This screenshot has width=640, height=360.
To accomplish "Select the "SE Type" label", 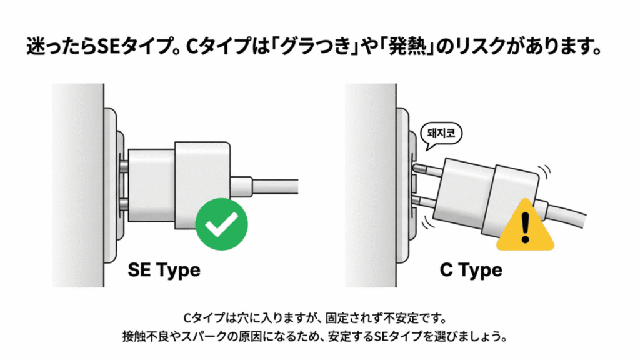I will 164,270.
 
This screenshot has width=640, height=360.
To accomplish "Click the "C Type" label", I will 471,270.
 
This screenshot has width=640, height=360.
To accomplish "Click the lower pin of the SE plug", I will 123,204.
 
